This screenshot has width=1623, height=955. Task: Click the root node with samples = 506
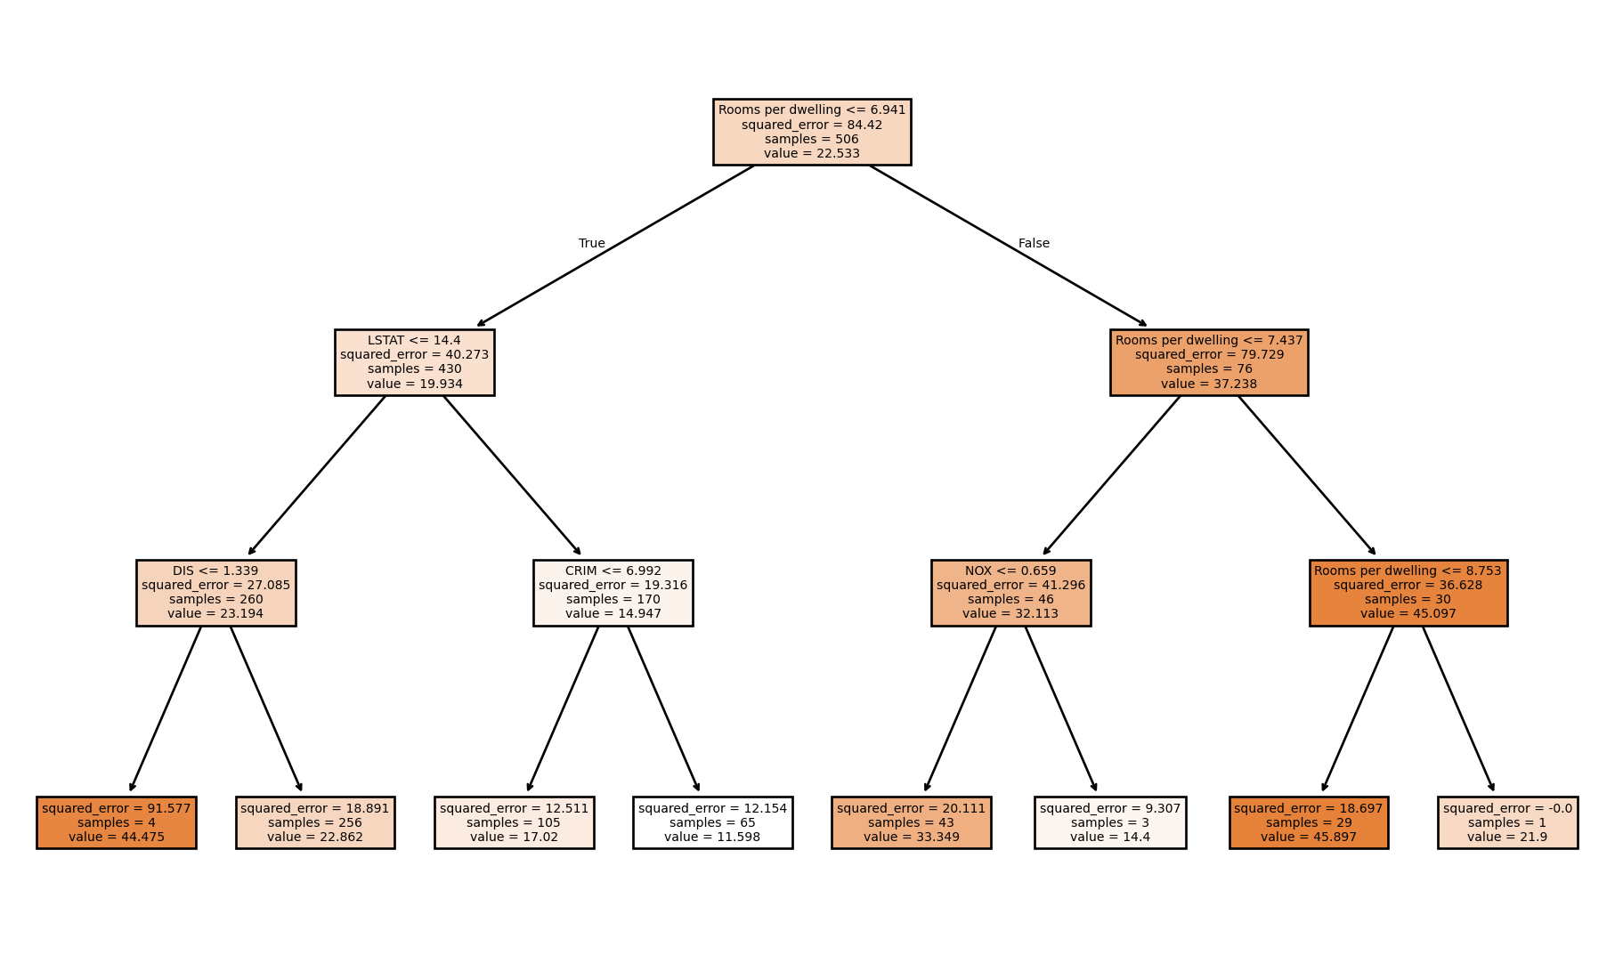(x=811, y=132)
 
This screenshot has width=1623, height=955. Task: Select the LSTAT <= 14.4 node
(x=414, y=362)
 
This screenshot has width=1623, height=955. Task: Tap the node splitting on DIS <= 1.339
(x=215, y=593)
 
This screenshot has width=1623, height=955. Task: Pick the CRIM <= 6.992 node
(x=613, y=593)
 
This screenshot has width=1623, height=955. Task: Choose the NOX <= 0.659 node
(x=1010, y=593)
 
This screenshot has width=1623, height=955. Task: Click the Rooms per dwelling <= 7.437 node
(x=1208, y=362)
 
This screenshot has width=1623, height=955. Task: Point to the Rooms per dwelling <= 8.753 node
(x=1408, y=593)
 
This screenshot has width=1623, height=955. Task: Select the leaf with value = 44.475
(x=116, y=822)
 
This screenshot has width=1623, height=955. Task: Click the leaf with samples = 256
(x=315, y=822)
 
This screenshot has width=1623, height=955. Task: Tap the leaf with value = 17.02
(x=514, y=822)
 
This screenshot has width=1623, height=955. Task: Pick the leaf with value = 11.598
(x=712, y=822)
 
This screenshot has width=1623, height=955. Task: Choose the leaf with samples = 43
(x=911, y=822)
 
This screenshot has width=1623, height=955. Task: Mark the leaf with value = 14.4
(x=1109, y=822)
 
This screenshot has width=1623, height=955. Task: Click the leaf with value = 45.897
(x=1308, y=822)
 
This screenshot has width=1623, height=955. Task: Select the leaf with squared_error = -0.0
(x=1507, y=822)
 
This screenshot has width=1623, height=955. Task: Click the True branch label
(x=591, y=243)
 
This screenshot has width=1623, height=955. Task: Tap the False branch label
(x=1034, y=243)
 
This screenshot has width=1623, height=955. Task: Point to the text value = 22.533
(x=811, y=153)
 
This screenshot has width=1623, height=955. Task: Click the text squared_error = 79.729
(x=1208, y=354)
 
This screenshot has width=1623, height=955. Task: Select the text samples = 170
(x=613, y=599)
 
